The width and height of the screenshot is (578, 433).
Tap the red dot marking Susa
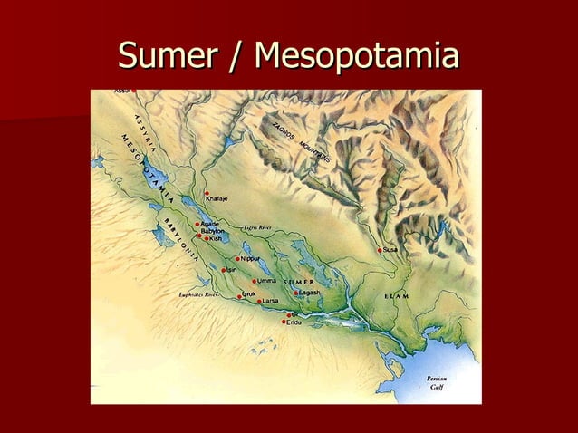pyautogui.click(x=380, y=250)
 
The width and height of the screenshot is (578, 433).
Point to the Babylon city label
pyautogui.click(x=213, y=231)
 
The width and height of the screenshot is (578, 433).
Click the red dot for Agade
pyautogui.click(x=197, y=224)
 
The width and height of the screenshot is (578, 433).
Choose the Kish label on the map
pyautogui.click(x=216, y=238)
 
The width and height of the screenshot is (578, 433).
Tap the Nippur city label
pyautogui.click(x=250, y=258)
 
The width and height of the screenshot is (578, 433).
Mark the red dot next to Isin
pyautogui.click(x=224, y=270)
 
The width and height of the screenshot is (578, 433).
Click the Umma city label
pyautogui.click(x=266, y=281)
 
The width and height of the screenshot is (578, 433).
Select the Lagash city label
pyautogui.click(x=309, y=293)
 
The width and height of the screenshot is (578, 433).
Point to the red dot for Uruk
pyautogui.click(x=239, y=295)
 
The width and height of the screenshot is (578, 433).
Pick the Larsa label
pyautogui.click(x=270, y=301)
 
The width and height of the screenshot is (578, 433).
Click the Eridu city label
pyautogui.click(x=294, y=322)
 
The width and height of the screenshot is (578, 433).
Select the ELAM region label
pyautogui.click(x=396, y=297)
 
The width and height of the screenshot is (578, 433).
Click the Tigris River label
pyautogui.click(x=257, y=227)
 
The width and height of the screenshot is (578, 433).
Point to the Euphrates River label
pyautogui.click(x=199, y=294)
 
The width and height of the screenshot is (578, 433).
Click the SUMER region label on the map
pyautogui.click(x=299, y=282)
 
